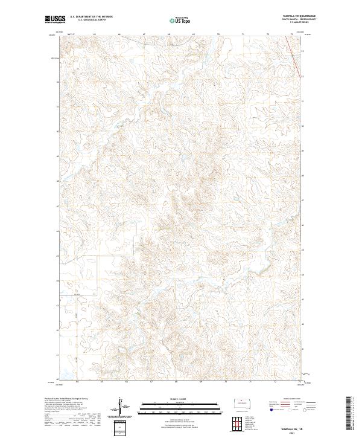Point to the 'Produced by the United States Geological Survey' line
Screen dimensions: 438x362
click(x=63, y=399)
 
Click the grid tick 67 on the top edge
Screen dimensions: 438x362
click(x=144, y=34)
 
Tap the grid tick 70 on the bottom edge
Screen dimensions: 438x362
click(x=224, y=382)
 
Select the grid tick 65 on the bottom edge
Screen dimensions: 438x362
click(x=101, y=382)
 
